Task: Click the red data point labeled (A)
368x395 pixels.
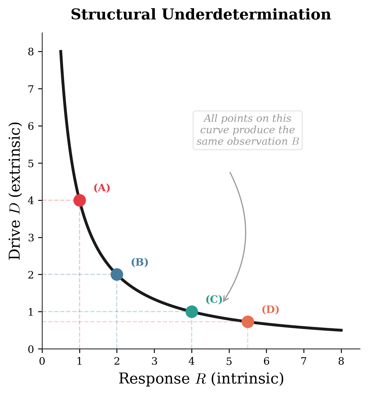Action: (x=80, y=200)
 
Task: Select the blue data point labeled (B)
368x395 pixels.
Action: (x=117, y=274)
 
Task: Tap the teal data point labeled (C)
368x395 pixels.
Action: (x=192, y=312)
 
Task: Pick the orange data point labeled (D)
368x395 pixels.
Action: (x=248, y=321)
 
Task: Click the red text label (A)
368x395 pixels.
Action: (x=102, y=188)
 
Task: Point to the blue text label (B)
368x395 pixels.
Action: (x=139, y=263)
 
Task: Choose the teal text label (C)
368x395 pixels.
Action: (x=214, y=300)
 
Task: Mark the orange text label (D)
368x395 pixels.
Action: (x=270, y=310)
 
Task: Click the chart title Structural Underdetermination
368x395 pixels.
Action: (x=201, y=15)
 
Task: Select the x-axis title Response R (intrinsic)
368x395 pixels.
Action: (x=201, y=379)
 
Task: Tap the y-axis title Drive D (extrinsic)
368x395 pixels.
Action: (x=15, y=191)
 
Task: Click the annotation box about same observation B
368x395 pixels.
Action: (x=248, y=130)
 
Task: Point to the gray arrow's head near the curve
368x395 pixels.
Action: (x=224, y=301)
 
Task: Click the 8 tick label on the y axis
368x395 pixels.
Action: (x=31, y=52)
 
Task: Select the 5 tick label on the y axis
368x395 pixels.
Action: (x=31, y=163)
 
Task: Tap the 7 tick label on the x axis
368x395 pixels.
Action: (x=304, y=362)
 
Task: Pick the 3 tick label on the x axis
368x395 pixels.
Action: (x=154, y=362)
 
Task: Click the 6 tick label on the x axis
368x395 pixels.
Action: (x=267, y=362)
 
